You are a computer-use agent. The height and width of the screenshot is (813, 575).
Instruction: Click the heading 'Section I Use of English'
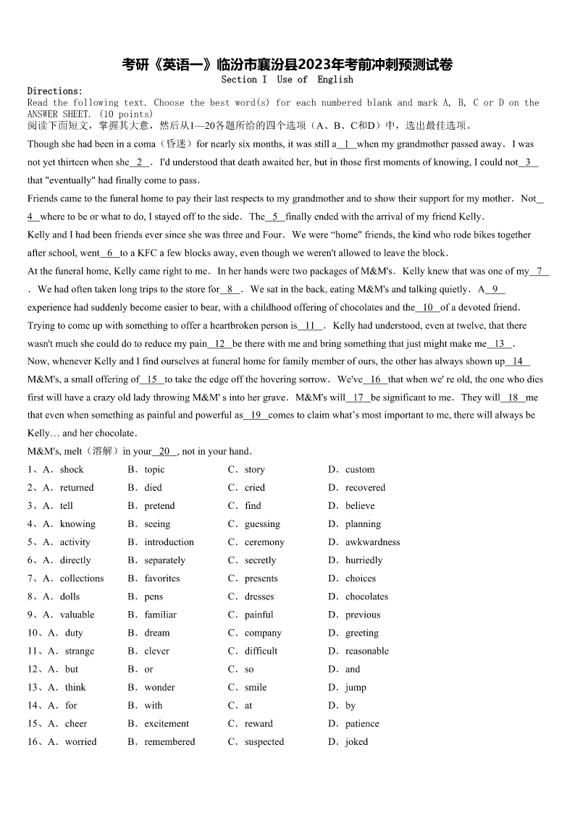point(287,80)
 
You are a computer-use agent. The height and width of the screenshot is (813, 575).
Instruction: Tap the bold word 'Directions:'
point(55,91)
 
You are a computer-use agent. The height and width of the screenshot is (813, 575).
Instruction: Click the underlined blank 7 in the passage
point(539,271)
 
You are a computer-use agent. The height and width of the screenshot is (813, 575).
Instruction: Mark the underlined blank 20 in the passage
point(164,452)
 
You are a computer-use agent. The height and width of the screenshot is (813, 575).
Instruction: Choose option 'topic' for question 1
point(154,470)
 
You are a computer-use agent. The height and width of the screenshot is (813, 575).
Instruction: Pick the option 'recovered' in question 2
point(365,488)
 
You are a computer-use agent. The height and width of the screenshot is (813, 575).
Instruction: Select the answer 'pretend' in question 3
point(159,506)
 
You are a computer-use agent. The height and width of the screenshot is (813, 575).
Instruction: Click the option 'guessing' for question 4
point(262,524)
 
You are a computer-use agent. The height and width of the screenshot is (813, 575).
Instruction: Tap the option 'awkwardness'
point(372,542)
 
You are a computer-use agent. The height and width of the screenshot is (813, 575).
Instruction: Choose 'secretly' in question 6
point(260,560)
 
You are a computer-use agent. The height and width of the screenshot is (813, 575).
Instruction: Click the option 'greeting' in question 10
point(362,633)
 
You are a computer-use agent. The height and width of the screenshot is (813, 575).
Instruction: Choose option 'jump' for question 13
point(356,687)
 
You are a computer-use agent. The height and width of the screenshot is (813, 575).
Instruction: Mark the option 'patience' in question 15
point(362,723)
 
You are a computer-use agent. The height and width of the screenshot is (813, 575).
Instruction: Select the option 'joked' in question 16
point(356,741)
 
